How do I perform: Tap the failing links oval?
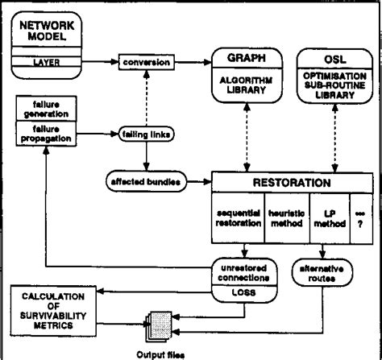coord(146,133)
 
